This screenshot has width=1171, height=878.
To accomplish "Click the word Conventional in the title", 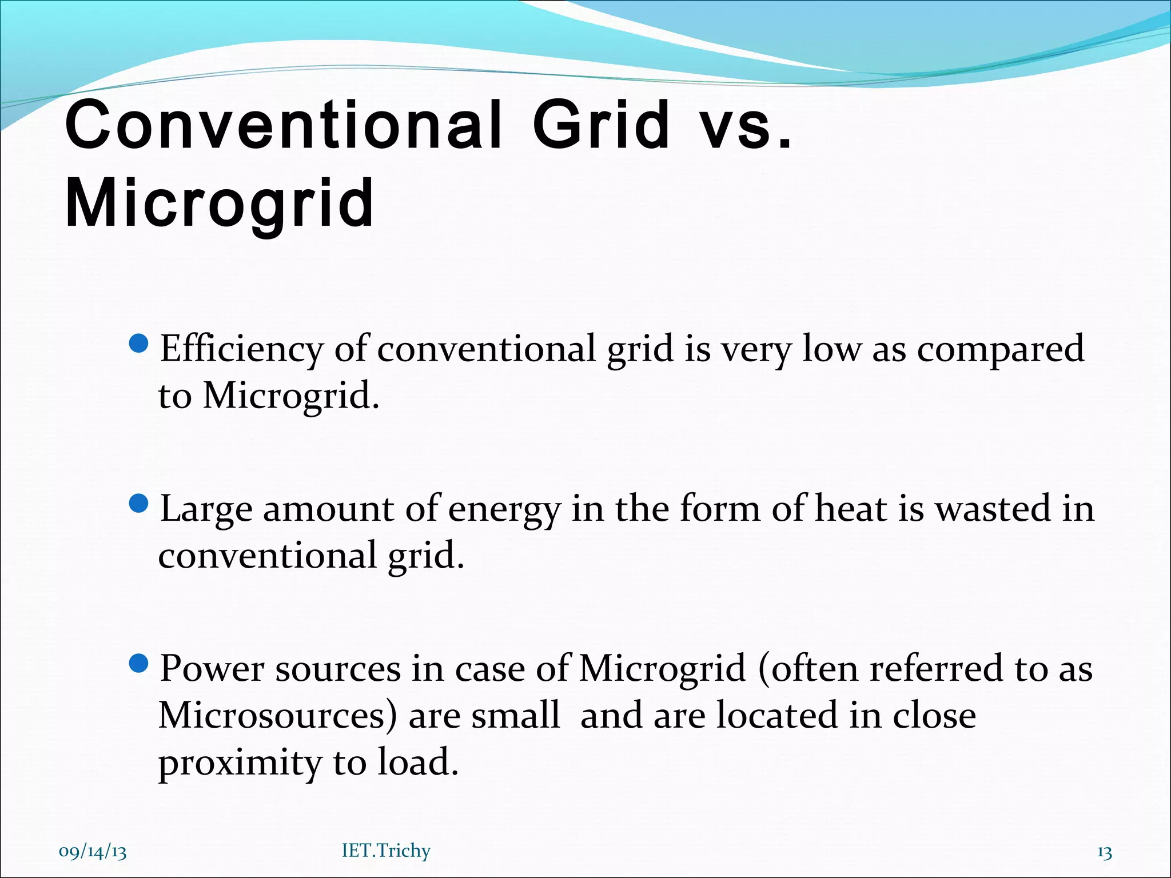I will pos(284,125).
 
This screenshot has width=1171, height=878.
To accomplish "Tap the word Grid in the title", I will pos(602,125).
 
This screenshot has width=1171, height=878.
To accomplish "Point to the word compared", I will pos(1000,349).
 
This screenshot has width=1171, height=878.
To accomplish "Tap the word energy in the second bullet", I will pos(504,510).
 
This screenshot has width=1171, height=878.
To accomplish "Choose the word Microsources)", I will pos(277,716).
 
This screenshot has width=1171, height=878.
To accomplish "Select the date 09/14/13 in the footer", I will pos(93,852).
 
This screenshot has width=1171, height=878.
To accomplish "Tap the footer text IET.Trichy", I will pos(386,851).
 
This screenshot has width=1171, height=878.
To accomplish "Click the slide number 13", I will pos(1104,852).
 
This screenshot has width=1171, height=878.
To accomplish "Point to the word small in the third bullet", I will pos(515,716).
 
